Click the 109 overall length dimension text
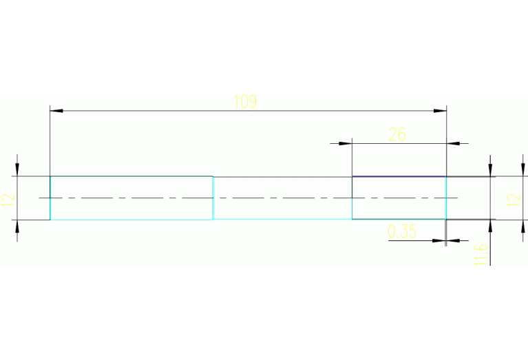[x=245, y=102]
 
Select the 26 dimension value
[x=397, y=134]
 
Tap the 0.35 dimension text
[x=402, y=232]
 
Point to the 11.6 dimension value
[x=481, y=253]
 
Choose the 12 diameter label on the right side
[x=513, y=200]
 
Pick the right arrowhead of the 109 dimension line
[x=441, y=110]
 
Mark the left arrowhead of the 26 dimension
[x=346, y=143]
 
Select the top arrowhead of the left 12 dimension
[x=17, y=171]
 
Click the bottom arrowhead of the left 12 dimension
[x=17, y=226]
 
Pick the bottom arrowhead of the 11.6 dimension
[x=490, y=224]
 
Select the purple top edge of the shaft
[x=399, y=177]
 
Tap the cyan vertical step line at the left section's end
[x=213, y=198]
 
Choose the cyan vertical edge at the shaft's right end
[x=446, y=198]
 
